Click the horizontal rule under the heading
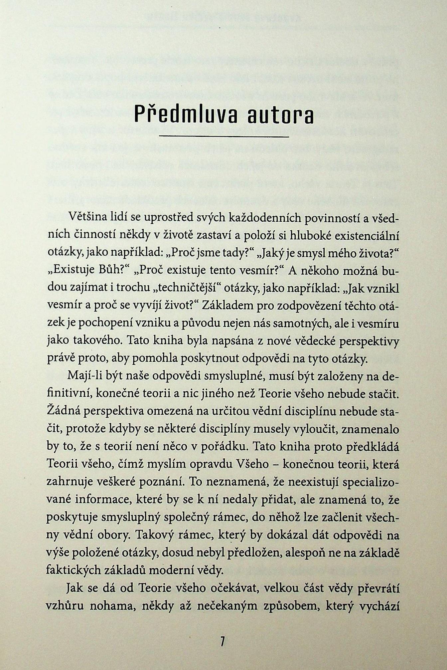coord(224,137)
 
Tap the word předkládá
coord(372,447)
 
